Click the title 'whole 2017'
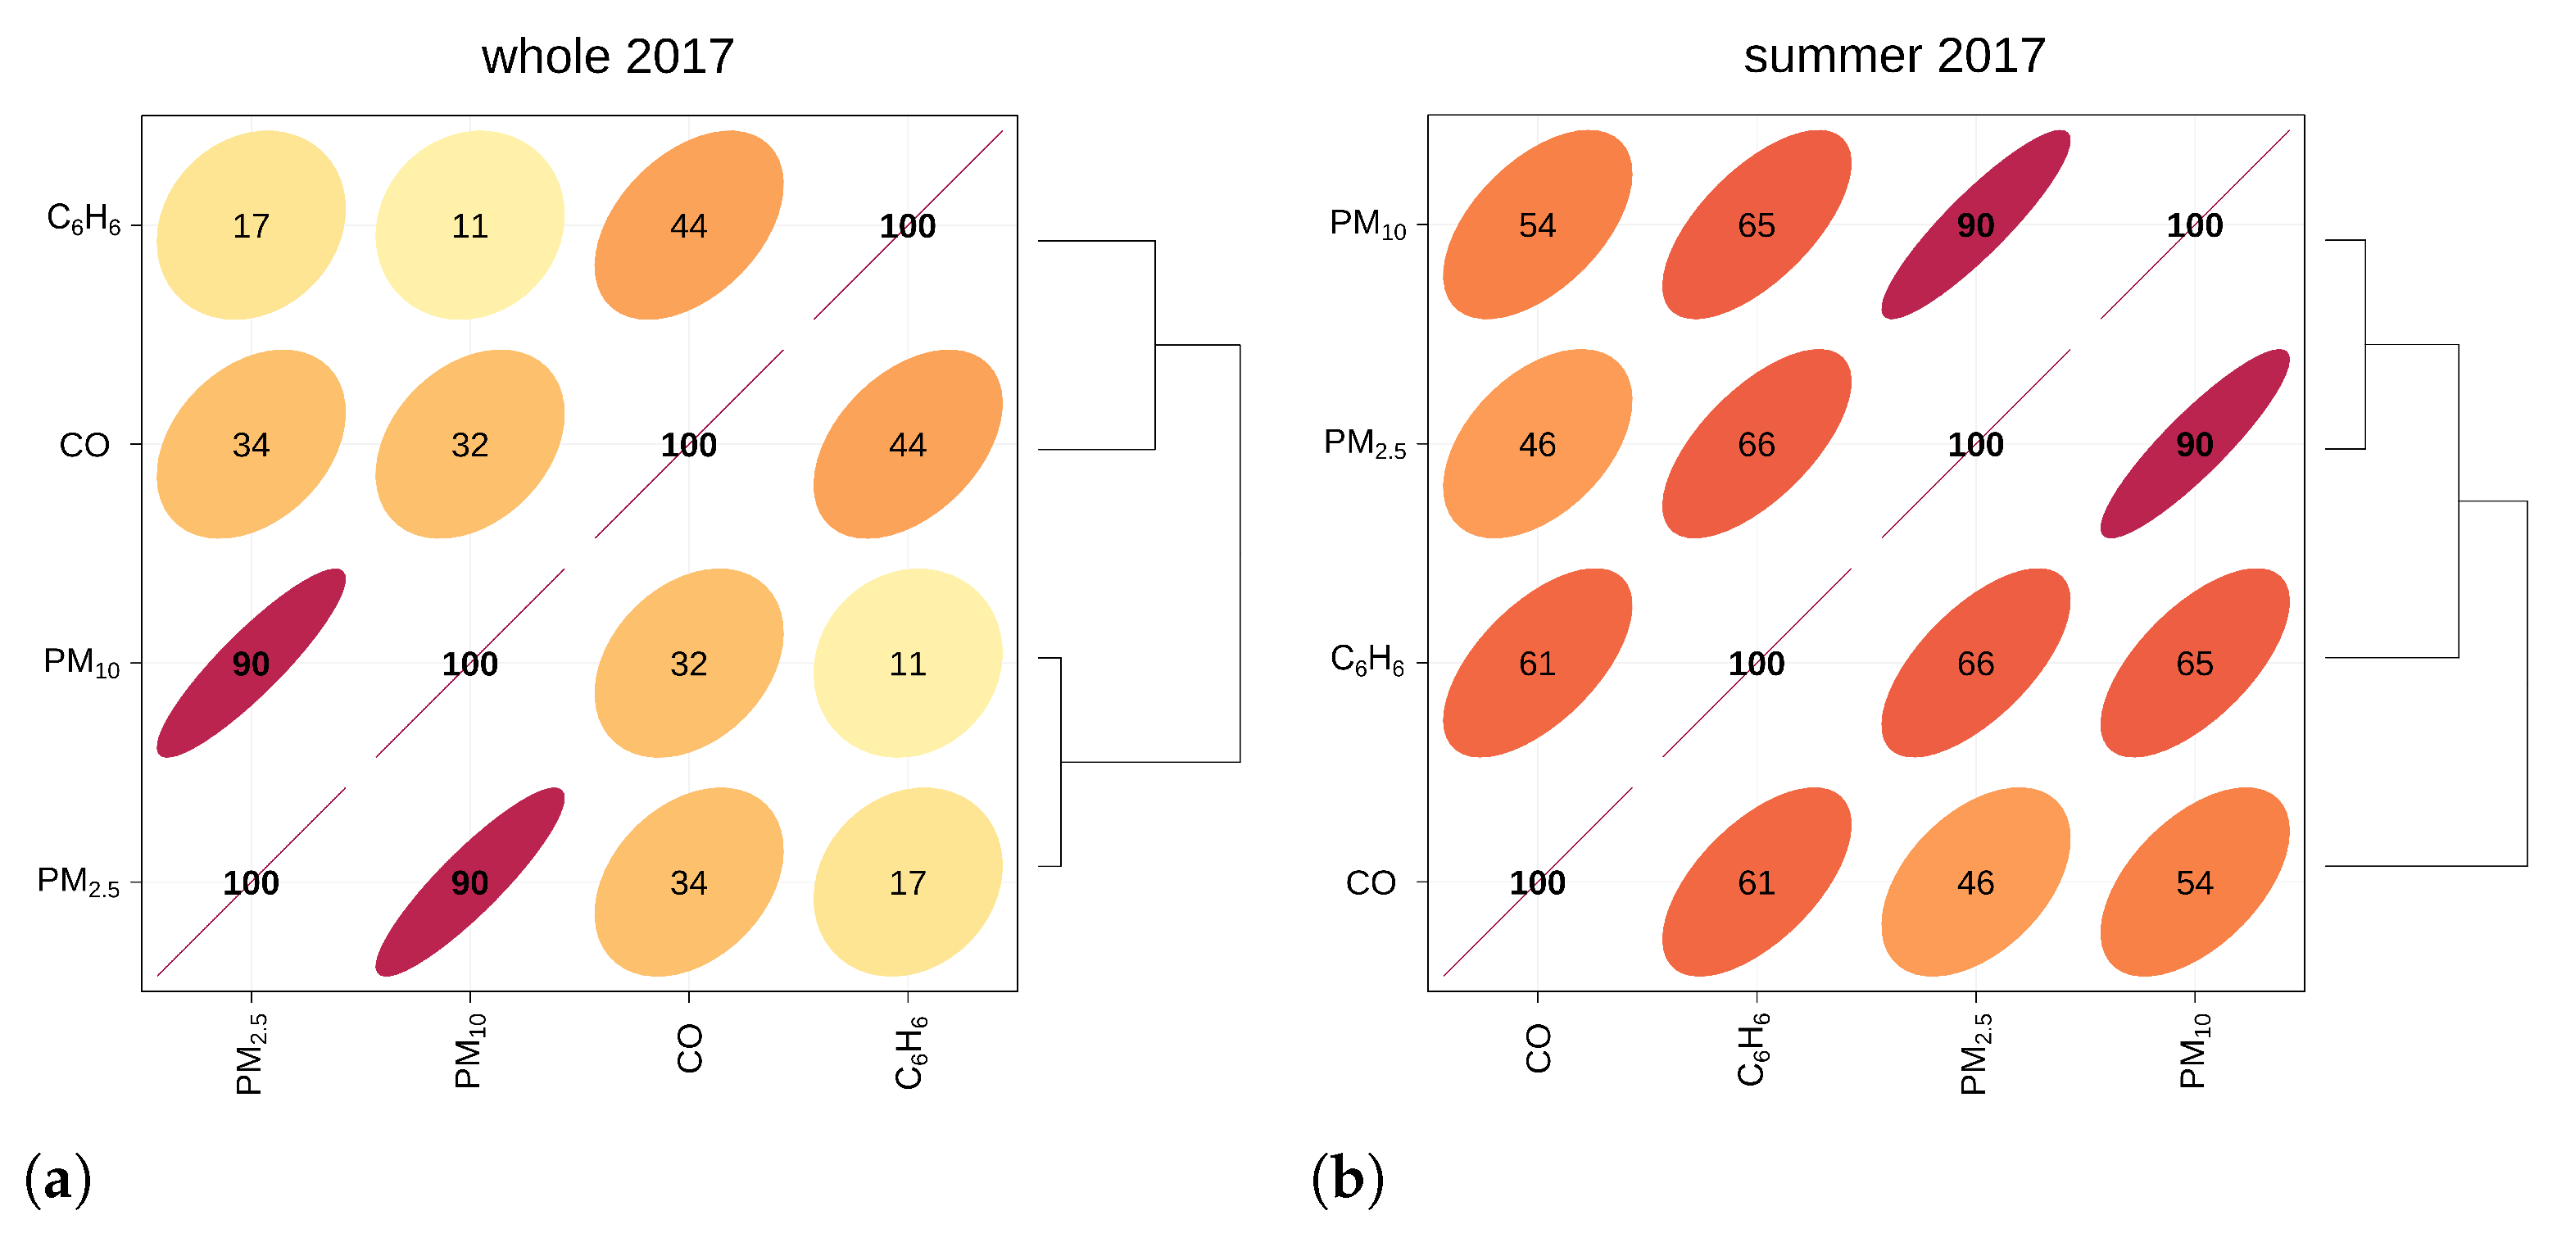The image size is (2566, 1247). click(x=608, y=57)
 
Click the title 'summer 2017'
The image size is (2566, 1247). click(x=1893, y=56)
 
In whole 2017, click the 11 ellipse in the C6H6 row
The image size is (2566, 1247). click(x=469, y=226)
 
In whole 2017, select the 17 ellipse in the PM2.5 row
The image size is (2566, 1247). click(x=908, y=882)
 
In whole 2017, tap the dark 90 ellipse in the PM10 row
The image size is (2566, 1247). click(x=251, y=664)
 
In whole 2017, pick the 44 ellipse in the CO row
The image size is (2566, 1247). click(x=908, y=444)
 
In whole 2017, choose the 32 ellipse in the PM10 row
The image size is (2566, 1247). click(x=688, y=664)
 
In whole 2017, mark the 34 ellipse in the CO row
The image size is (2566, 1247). click(x=251, y=444)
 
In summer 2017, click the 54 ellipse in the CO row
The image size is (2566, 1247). click(x=2194, y=882)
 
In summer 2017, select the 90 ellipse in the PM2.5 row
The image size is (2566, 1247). click(x=2194, y=444)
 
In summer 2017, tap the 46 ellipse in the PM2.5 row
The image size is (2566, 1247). click(x=1537, y=444)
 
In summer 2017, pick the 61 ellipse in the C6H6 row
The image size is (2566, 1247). click(x=1537, y=664)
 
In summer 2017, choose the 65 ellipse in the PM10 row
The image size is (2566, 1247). click(x=1757, y=226)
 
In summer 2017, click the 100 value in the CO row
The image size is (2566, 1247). click(x=1537, y=882)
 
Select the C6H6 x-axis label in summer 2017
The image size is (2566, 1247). click(x=1753, y=1050)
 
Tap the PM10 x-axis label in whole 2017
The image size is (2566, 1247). click(x=469, y=1052)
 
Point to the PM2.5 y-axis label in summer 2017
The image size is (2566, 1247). click(x=1365, y=444)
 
